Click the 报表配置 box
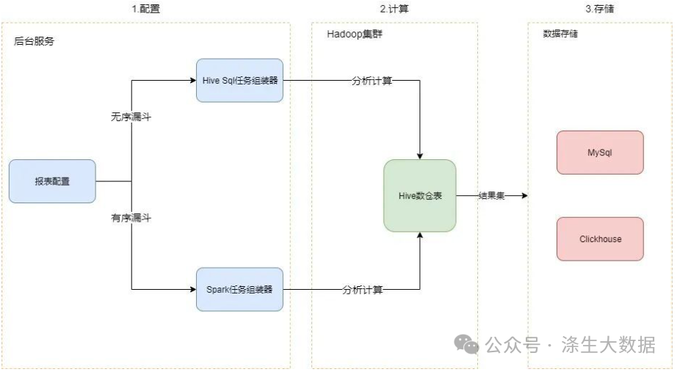coord(52,181)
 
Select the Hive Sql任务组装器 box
coord(240,80)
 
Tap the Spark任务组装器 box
coord(240,289)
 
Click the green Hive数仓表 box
coord(419,196)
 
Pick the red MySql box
coord(600,153)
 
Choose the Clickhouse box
coord(600,238)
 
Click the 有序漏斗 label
coord(131,218)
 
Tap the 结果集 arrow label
coord(491,196)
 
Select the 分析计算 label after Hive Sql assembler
coord(372,81)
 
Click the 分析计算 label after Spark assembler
coord(362,290)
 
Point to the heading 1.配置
coord(145,9)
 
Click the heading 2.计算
coord(394,9)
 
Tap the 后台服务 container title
coord(34,41)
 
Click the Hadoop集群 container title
coord(355,35)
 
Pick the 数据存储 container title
coord(560,34)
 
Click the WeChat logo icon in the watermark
coord(466,343)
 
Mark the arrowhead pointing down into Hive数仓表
coord(419,155)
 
